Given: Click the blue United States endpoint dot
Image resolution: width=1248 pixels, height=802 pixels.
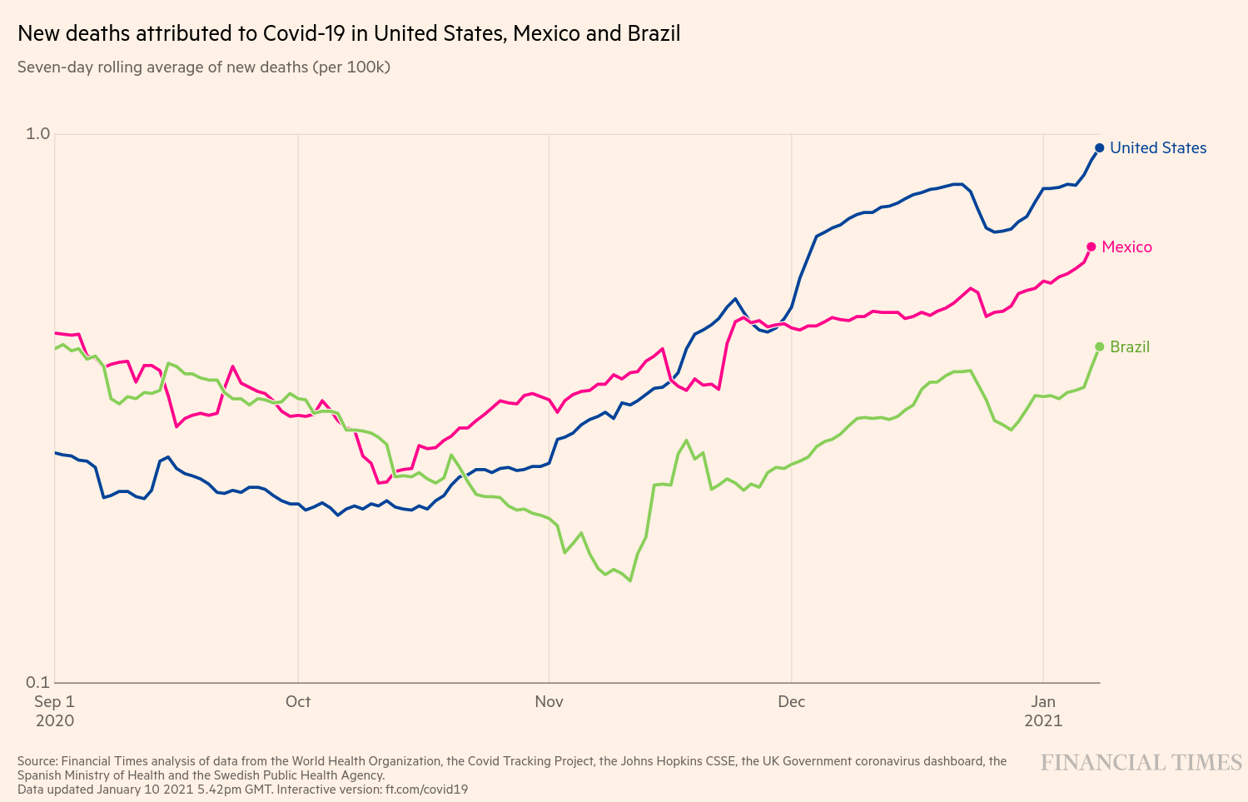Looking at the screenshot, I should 1099,147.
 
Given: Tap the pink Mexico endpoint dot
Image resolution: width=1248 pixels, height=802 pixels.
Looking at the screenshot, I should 1091,247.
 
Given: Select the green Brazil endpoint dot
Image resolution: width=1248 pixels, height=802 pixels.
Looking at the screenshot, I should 1099,346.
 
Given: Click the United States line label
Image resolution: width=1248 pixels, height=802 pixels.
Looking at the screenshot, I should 1158,147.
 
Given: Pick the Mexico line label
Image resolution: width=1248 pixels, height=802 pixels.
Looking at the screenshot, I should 1126,247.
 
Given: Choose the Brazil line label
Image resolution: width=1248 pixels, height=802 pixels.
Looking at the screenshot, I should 1130,346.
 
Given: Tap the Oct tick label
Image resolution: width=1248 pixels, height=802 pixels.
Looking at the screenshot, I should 298,701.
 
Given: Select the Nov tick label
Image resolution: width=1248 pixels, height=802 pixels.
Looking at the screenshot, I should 549,701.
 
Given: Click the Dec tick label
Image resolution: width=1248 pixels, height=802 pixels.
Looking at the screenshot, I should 791,701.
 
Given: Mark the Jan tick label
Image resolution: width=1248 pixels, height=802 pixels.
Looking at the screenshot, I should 1043,701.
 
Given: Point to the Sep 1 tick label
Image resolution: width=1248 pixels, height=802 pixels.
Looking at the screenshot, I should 54,701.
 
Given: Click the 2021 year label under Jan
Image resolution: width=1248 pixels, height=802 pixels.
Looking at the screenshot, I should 1043,720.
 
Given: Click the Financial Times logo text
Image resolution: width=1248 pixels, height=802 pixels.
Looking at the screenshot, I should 1141,762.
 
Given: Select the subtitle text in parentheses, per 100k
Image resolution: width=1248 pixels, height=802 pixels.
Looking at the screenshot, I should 351,67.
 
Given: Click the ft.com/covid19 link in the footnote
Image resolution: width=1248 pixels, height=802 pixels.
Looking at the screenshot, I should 426,789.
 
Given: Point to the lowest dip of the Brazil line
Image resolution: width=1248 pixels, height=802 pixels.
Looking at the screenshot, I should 630,580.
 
